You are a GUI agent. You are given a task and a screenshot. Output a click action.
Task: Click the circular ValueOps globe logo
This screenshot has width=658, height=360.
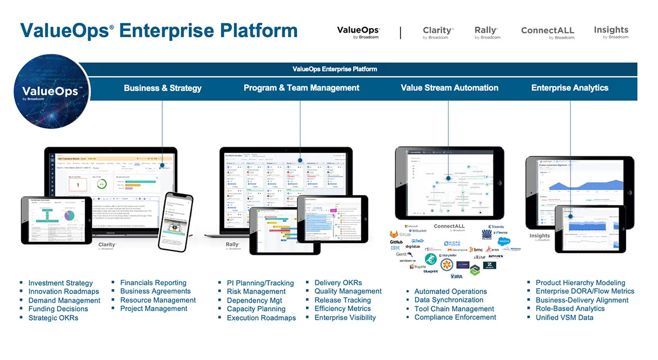point(51,93)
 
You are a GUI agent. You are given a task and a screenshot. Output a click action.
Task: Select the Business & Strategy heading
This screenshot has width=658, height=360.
point(163,88)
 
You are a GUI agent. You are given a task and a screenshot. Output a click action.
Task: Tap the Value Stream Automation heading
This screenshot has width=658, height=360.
point(449,88)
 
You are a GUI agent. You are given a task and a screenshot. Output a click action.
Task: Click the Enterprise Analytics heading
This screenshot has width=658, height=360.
point(570,88)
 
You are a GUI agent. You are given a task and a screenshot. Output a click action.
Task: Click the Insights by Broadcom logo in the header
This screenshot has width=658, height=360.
point(611,32)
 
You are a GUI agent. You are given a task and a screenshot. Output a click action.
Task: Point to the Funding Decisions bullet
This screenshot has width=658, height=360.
point(58,309)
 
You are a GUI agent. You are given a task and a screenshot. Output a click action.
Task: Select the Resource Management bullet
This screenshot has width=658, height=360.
point(158,300)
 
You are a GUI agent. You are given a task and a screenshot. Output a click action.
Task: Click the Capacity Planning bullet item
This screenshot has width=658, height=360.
point(256,309)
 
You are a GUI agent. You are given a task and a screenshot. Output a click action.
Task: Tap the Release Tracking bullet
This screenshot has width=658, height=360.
point(342,300)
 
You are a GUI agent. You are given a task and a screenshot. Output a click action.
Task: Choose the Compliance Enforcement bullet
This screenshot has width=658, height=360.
point(455,317)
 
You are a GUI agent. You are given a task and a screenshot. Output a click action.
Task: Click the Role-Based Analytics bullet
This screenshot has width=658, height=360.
point(570,309)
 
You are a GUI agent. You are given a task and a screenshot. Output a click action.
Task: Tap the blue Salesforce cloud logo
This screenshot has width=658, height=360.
point(504,241)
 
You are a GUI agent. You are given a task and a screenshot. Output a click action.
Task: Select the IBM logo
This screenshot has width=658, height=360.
point(395,248)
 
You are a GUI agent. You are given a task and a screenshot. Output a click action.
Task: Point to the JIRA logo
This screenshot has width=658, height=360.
point(457,276)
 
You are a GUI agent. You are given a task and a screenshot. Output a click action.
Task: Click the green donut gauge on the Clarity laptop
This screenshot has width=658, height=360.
point(101,184)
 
